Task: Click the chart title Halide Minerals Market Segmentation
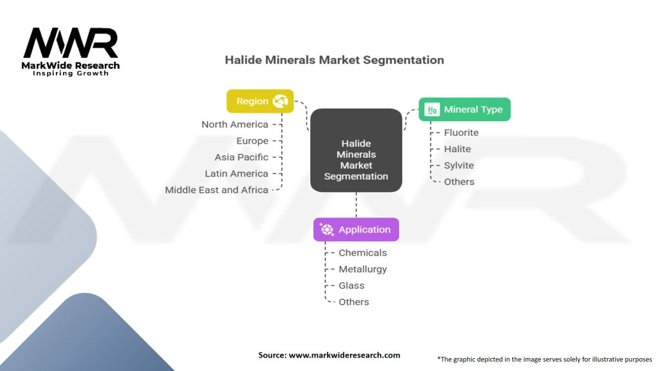(x=334, y=60)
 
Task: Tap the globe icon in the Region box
(x=280, y=101)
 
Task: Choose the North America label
(x=234, y=124)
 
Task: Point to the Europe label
(x=252, y=141)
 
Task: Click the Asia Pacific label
(x=241, y=157)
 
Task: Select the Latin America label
(x=236, y=173)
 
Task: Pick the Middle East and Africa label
(x=216, y=190)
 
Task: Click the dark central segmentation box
(x=356, y=150)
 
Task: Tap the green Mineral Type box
(x=464, y=109)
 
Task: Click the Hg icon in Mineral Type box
(x=432, y=109)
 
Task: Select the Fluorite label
(x=461, y=133)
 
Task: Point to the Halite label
(x=457, y=149)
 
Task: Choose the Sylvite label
(x=458, y=166)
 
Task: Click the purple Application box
(x=356, y=229)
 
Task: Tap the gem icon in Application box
(x=328, y=229)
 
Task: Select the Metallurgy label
(x=362, y=269)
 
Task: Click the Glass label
(x=351, y=285)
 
